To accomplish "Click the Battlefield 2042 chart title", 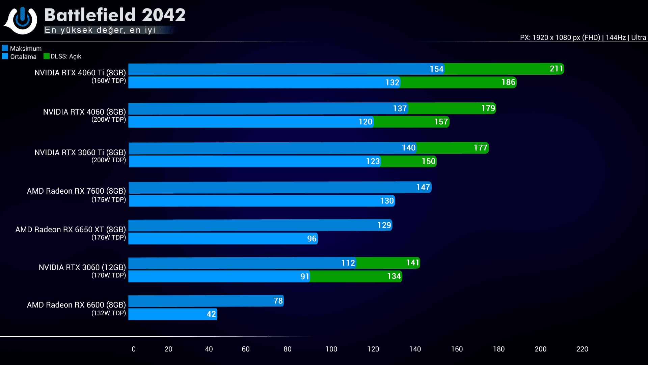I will coord(115,15).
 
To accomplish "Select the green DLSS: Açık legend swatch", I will coord(47,56).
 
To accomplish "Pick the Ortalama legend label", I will coord(23,56).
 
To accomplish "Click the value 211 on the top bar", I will coord(556,69).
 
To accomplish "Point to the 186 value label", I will coord(508,82).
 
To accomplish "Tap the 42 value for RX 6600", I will coord(211,314).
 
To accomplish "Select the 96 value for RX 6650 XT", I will coord(312,239).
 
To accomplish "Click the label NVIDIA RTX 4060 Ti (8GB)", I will coord(80,73).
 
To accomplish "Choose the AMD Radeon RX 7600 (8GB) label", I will coord(76,191).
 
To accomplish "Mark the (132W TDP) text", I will coord(109,313).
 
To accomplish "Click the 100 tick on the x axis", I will coord(331,349).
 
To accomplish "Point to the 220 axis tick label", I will coord(582,349).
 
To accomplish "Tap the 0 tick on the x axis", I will coord(134,349).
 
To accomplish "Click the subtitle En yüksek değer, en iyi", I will coord(100,30).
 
